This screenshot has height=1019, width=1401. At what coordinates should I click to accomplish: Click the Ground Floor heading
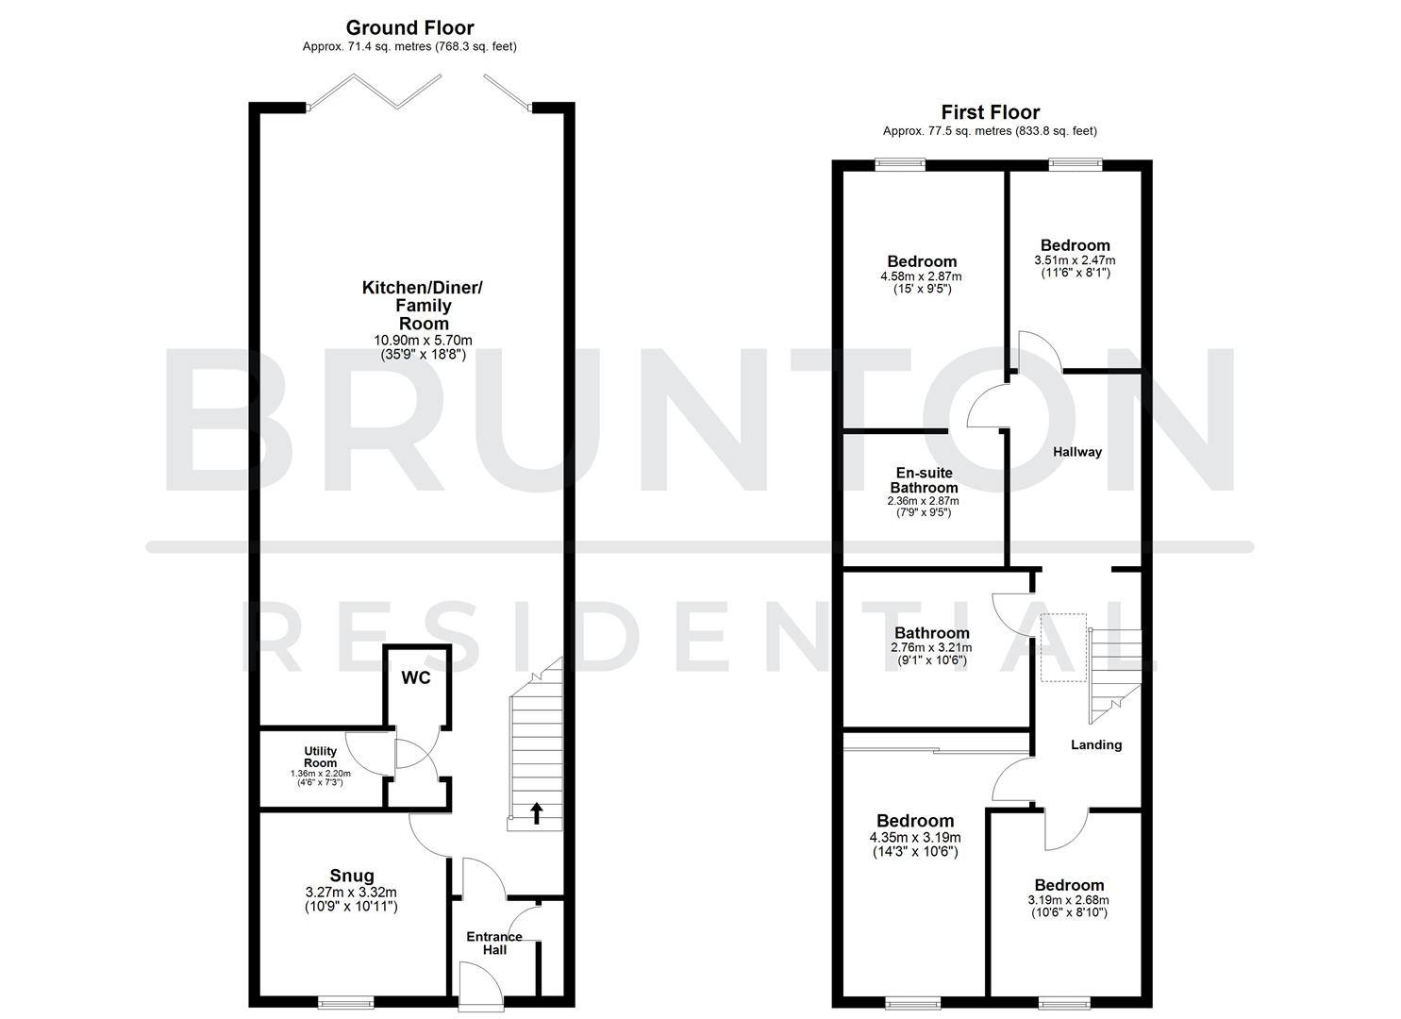point(409,28)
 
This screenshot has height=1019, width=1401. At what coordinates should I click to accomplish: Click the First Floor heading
point(990,113)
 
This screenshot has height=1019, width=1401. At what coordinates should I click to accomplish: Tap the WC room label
point(416,678)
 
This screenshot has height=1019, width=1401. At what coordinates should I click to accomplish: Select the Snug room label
point(351,876)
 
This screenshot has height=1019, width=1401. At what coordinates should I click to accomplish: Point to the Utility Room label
point(321,757)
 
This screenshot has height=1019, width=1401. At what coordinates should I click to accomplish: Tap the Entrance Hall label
point(494,943)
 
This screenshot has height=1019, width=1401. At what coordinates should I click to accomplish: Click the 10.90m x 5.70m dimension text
point(423,341)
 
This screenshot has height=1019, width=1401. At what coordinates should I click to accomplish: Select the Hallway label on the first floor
point(1077,452)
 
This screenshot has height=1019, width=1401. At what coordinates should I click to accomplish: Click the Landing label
point(1096,744)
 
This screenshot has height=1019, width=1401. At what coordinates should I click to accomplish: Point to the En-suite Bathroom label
point(924,480)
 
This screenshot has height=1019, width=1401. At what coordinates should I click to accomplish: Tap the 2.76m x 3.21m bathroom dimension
point(931,648)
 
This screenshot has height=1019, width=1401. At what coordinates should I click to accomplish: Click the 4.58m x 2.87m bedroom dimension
point(922,276)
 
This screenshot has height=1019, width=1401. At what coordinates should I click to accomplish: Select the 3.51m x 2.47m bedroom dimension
point(1075,260)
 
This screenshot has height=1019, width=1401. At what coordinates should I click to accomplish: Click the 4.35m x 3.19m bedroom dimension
point(914,838)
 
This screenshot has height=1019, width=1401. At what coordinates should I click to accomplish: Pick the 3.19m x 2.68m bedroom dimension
point(1069,900)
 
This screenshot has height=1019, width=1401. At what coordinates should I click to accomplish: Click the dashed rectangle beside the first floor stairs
point(1063,647)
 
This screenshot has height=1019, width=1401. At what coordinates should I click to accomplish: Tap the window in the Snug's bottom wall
point(345,1002)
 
